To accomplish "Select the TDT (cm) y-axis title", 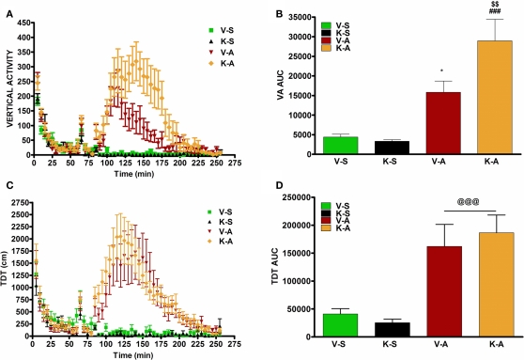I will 8,268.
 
